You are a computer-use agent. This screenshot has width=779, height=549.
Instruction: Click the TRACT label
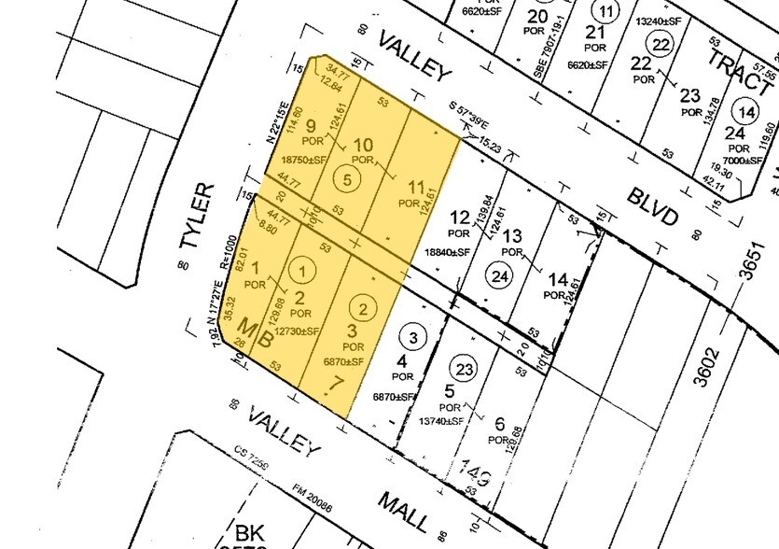738,68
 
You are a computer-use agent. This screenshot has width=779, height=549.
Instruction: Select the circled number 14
745,111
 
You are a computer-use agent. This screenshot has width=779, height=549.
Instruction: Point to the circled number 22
662,45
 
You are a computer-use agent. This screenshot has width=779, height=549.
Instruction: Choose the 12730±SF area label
294,331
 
